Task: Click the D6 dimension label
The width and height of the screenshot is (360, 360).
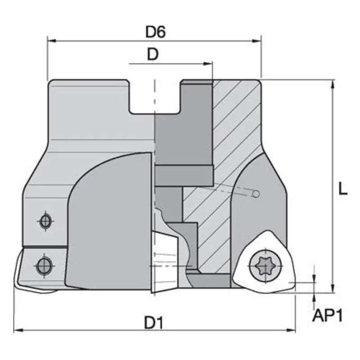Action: click(x=156, y=32)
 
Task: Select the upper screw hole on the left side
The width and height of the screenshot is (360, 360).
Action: click(x=45, y=220)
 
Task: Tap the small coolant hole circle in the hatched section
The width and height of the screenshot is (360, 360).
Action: click(x=256, y=194)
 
